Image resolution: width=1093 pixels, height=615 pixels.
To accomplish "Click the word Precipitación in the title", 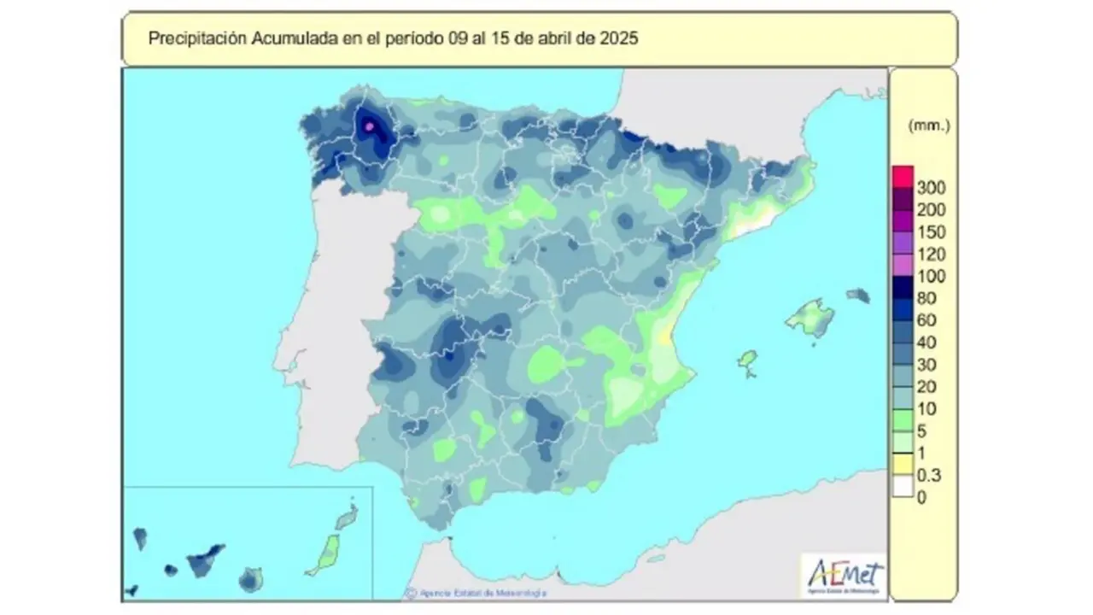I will coord(187,38).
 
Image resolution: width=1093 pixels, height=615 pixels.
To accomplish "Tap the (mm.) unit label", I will coord(929,126).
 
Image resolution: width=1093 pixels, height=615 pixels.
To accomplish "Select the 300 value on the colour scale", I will coord(929,187).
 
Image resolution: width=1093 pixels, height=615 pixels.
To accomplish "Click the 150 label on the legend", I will coord(929,231).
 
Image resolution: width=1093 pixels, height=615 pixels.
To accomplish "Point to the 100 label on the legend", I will coord(929,276).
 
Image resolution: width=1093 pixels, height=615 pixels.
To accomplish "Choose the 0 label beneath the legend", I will coord(921,498).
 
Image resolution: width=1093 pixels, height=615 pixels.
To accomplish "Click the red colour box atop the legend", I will coord(903,176).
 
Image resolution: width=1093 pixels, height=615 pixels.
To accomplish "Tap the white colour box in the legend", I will coord(903,486).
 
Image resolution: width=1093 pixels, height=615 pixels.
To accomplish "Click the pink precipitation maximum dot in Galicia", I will coord(370,126).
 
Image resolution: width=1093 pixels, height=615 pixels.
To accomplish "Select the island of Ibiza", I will coord(748,362).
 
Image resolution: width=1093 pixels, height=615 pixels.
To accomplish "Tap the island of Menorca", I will coord(858,296).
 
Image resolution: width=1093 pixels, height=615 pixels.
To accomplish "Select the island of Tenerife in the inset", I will coord(204,559).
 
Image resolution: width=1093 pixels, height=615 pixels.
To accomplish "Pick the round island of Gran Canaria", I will coord(250,579).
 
